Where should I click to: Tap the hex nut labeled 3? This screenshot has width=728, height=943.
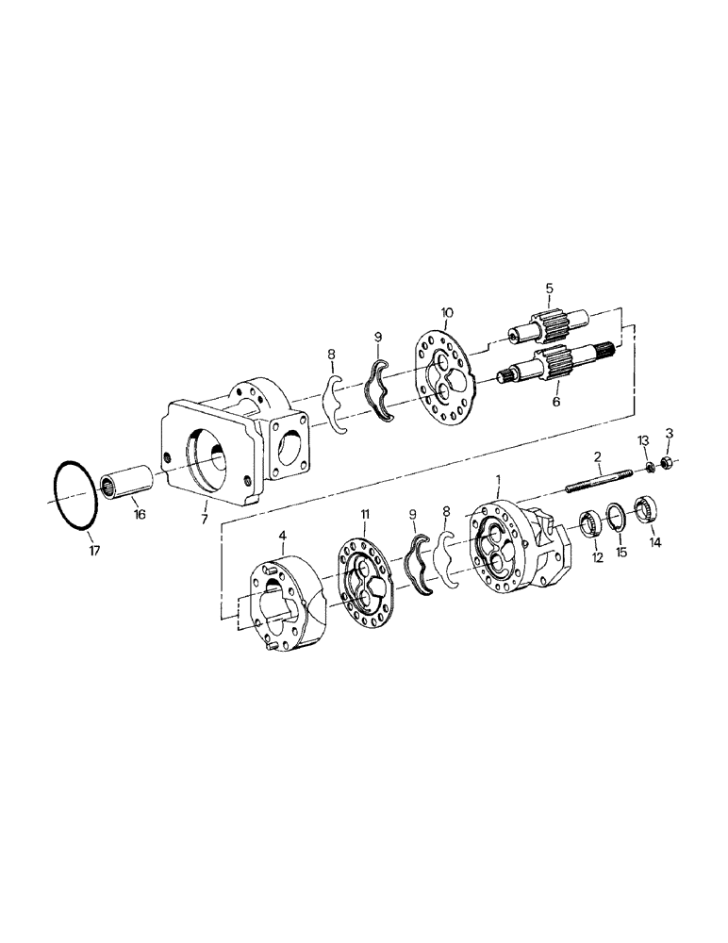[x=666, y=462]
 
